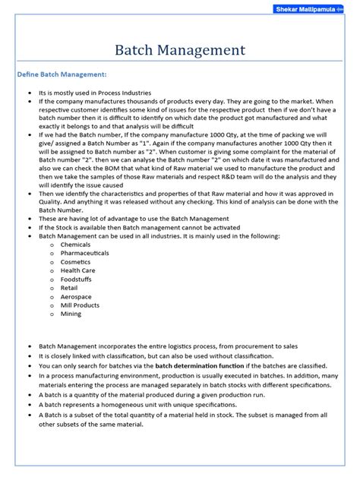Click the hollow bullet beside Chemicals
pyautogui.click(x=51, y=245)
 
